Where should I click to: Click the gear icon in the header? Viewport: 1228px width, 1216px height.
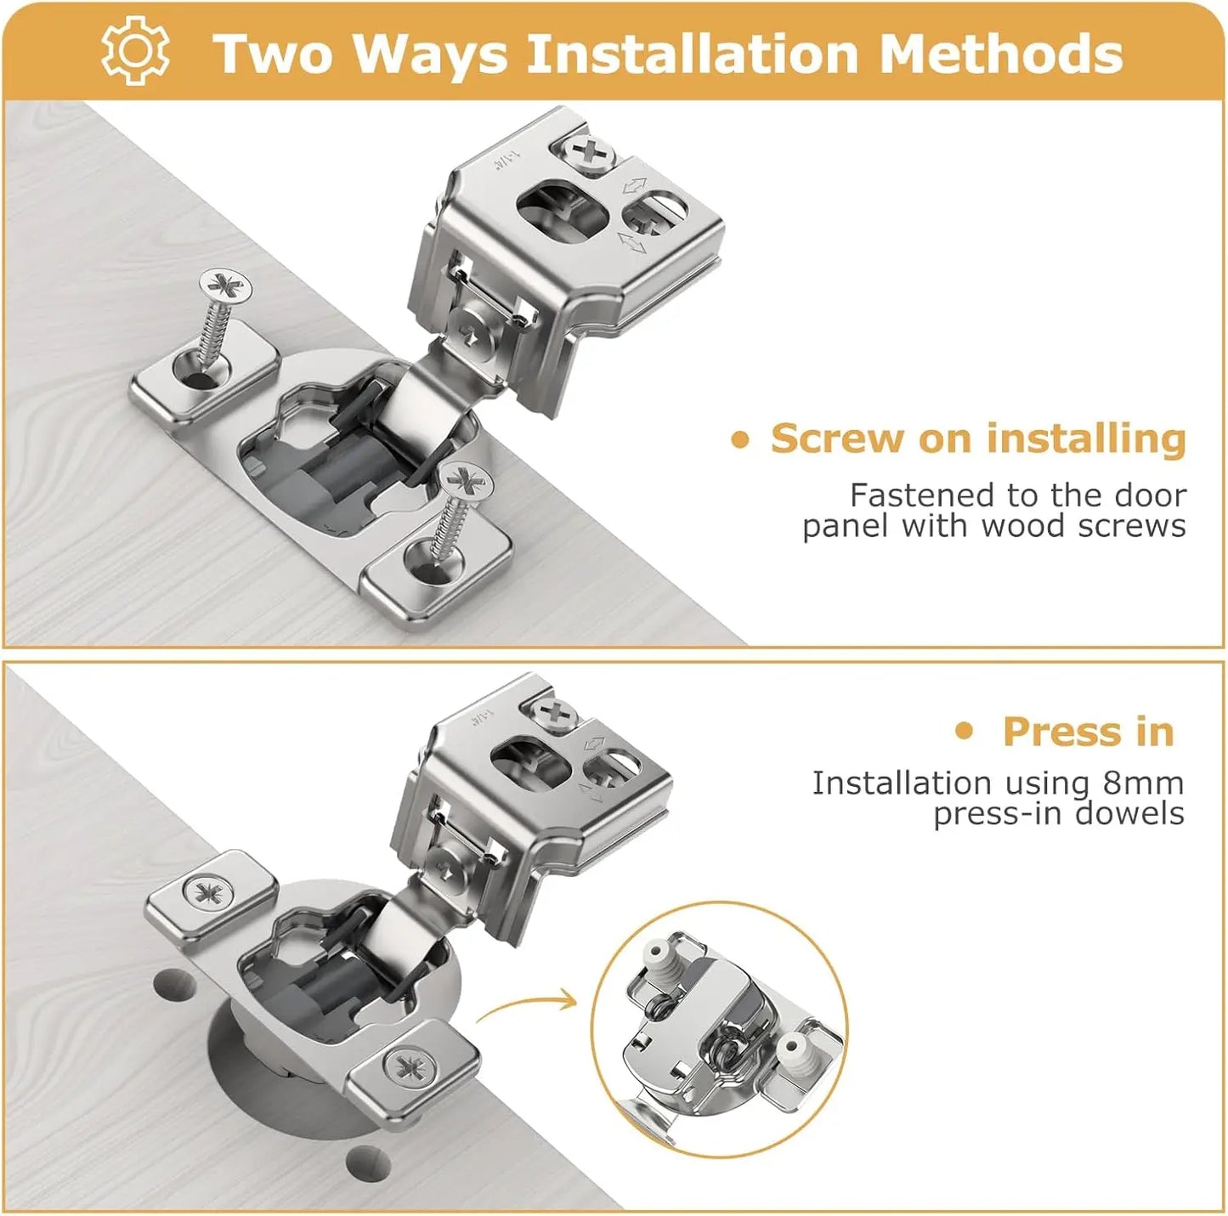(x=135, y=52)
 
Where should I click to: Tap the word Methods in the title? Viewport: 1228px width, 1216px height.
(x=1000, y=54)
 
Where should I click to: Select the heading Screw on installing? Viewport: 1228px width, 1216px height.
(x=977, y=439)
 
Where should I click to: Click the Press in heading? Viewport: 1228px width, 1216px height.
(x=1088, y=732)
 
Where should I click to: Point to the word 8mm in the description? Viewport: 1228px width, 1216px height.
(x=1143, y=783)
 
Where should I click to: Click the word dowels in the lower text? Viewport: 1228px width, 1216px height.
(x=1129, y=813)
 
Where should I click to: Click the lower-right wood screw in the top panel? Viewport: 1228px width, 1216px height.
(x=458, y=506)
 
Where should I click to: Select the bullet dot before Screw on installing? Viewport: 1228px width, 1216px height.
(x=740, y=439)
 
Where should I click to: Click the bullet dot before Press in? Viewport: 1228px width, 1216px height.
(x=964, y=732)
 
